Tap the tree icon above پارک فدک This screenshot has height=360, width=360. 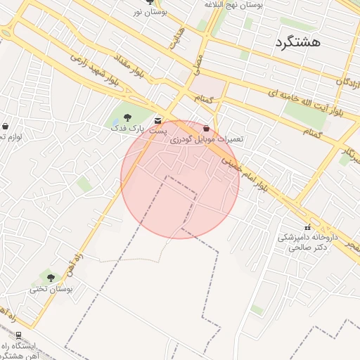[127, 117]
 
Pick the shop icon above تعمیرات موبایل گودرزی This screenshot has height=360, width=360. [206, 129]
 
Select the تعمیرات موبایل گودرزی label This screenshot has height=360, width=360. [206, 140]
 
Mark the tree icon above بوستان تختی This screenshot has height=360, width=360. [51, 277]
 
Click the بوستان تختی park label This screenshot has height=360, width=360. [51, 288]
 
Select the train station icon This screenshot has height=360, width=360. [18, 335]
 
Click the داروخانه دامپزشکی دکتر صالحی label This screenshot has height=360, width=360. [303, 243]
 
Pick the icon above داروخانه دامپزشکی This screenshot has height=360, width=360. [307, 227]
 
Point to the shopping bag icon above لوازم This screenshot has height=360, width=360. [6, 126]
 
